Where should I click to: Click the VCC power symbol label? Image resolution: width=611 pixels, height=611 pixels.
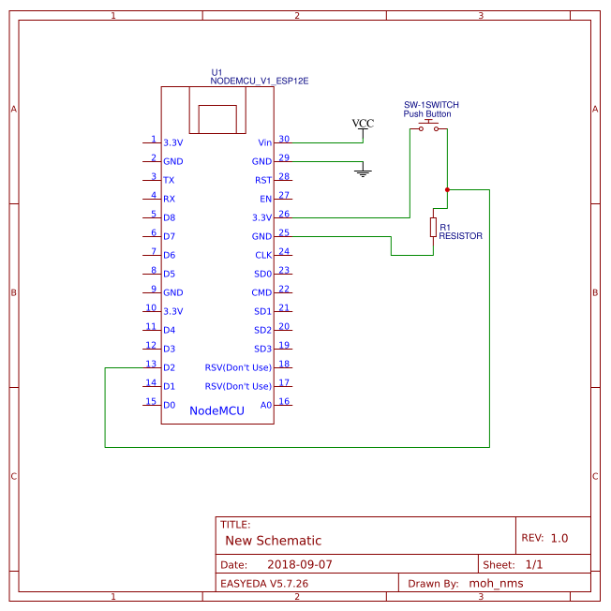[363, 124]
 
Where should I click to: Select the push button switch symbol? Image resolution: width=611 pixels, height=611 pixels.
[429, 126]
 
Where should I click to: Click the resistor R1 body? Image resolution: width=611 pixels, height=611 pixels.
[433, 227]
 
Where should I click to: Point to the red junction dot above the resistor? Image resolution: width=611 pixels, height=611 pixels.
[447, 189]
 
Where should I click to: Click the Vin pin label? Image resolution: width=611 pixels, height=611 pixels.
[264, 142]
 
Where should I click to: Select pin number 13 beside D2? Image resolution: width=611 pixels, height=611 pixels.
[150, 364]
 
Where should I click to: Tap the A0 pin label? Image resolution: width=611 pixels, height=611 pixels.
[265, 405]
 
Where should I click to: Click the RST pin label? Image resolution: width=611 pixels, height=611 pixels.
[263, 180]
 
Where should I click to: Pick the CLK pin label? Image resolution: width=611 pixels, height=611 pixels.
[263, 255]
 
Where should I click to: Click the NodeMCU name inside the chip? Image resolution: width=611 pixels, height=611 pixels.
[216, 410]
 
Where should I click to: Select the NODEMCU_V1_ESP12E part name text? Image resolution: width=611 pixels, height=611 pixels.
[260, 82]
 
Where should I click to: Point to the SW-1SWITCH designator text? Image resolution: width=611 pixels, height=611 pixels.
[431, 105]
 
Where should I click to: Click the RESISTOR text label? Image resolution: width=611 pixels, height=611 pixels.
[460, 236]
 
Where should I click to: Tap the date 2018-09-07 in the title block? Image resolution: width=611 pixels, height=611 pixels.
[300, 565]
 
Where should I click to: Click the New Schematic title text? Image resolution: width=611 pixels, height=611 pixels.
[273, 541]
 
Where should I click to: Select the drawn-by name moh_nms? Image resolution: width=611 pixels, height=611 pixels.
[496, 583]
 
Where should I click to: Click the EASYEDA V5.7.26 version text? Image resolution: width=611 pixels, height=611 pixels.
[263, 583]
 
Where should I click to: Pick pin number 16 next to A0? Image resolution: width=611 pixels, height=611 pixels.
[284, 401]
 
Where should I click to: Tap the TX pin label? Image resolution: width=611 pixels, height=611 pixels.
[169, 180]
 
